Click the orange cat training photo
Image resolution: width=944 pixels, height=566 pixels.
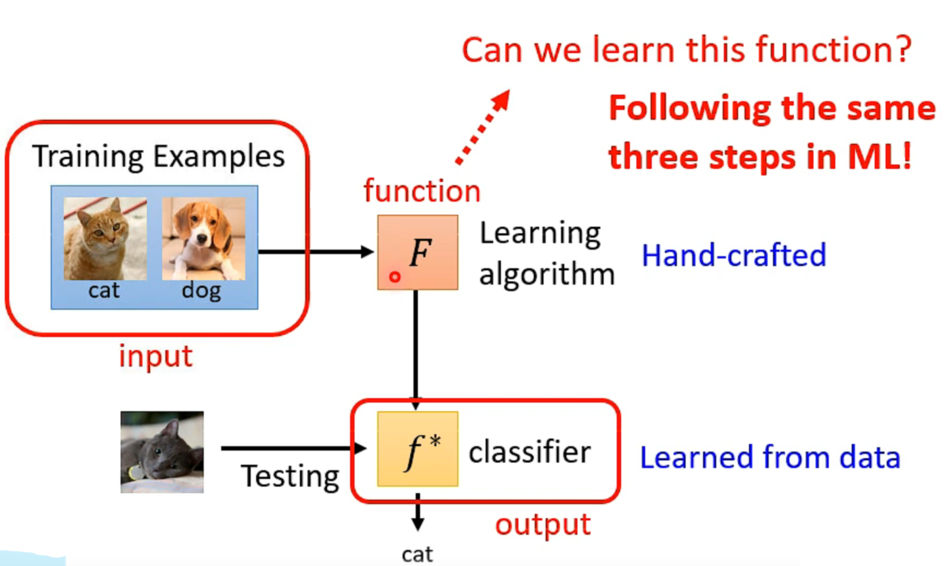(x=105, y=239)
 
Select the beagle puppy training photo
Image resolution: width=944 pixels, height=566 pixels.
(x=204, y=239)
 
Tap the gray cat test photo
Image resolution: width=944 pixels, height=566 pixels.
(x=162, y=452)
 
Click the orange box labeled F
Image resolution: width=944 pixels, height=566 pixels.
(x=418, y=252)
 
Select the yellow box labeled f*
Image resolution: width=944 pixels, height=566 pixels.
(x=418, y=449)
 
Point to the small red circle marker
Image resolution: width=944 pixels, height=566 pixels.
(x=395, y=277)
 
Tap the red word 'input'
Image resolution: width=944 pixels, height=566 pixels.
(x=156, y=357)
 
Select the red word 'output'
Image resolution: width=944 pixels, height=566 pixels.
(x=543, y=525)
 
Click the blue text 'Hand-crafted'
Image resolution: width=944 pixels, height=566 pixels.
(x=734, y=255)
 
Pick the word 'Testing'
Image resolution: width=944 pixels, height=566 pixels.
(x=290, y=477)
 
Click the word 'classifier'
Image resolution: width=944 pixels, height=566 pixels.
(x=530, y=452)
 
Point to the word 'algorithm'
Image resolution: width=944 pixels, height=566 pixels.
(x=547, y=275)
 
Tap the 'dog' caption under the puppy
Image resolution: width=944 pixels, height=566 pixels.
(x=201, y=291)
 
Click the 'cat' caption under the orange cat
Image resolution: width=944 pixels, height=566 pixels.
(x=104, y=291)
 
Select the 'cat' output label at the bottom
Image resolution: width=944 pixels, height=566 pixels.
(x=418, y=555)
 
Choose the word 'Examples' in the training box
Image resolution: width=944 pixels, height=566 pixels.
(x=219, y=157)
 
